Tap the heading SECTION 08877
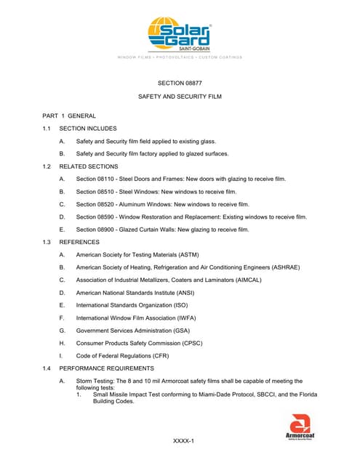tap(180, 83)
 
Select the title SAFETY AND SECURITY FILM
tap(180, 97)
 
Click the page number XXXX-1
tap(183, 441)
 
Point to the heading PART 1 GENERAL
tap(69, 116)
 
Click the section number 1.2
tap(47, 166)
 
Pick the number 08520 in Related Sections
tap(110, 204)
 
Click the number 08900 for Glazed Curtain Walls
tap(110, 230)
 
